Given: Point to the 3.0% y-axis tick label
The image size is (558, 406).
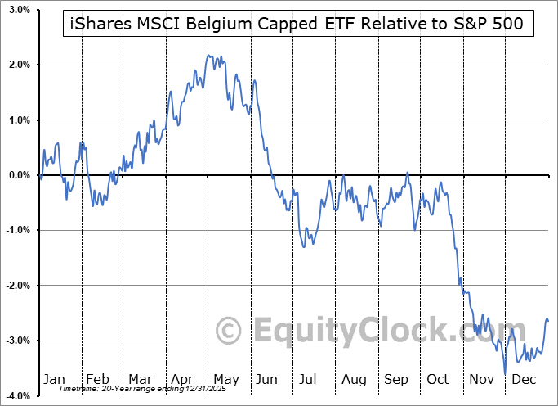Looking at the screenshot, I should point(20,9).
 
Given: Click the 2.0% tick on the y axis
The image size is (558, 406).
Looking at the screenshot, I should point(20,65).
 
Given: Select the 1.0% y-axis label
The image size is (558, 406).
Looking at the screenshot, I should point(20,120).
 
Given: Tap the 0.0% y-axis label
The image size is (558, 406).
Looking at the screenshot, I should point(20,175).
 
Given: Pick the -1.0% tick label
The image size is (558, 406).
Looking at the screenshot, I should point(19,230).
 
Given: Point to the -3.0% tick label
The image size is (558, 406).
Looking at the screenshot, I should point(19,341).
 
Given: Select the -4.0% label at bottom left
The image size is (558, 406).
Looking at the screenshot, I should point(19,396).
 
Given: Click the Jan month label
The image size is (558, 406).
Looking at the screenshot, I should point(54,380).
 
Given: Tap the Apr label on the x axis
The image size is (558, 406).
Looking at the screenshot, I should point(183,380).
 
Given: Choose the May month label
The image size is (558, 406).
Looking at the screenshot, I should point(226,380).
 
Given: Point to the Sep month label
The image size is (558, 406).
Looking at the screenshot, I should point(397,380).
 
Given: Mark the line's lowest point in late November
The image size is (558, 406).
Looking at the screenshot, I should point(505,374).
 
